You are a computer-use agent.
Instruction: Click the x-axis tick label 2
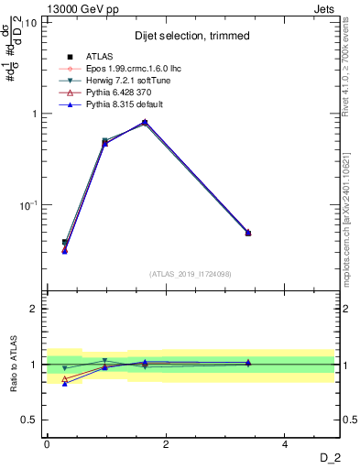pos(166,443)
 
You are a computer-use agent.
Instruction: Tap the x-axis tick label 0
pos(47,443)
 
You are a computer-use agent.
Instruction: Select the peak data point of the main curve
pos(145,122)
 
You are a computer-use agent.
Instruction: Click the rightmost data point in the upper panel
pos(248,233)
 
